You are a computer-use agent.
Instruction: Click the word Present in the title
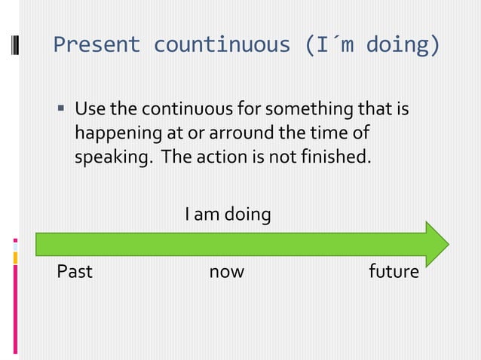click(x=97, y=45)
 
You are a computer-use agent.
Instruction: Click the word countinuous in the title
click(x=222, y=45)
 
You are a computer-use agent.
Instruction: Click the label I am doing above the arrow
click(x=228, y=215)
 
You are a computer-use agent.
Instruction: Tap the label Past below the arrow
click(x=75, y=271)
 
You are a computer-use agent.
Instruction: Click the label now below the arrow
click(x=226, y=271)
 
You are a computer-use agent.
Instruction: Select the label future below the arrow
click(x=393, y=271)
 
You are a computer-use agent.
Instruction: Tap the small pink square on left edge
click(x=15, y=241)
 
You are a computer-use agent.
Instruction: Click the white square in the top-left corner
click(x=15, y=44)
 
